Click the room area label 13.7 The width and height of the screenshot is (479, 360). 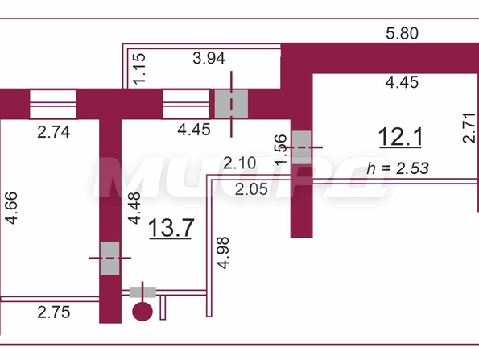(171, 228)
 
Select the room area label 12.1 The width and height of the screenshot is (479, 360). (400, 137)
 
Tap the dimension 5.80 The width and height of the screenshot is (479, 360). (402, 33)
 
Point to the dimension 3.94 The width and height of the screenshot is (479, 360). (209, 58)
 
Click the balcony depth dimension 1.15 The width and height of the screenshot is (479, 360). (139, 68)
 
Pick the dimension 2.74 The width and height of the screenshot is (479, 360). (54, 132)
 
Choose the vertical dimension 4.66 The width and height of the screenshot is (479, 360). (12, 208)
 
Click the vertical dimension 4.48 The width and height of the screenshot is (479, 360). (134, 208)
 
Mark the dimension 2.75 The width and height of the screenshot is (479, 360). (54, 312)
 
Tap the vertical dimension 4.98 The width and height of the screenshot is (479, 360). (223, 253)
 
